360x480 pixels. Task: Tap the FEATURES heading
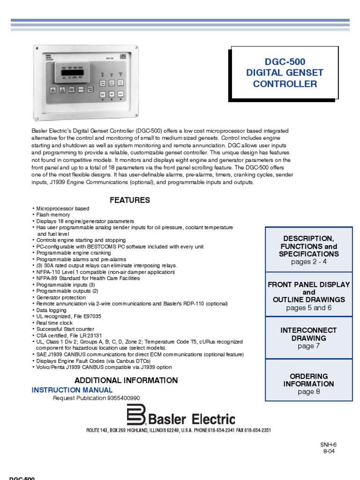[130, 200]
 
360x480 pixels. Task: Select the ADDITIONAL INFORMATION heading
[126, 380]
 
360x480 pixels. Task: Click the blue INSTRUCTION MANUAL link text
[72, 390]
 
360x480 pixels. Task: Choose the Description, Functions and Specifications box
[309, 250]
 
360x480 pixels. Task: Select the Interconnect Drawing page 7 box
[309, 338]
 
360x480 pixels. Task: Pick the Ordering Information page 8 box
[309, 383]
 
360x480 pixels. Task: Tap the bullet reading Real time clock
[53, 323]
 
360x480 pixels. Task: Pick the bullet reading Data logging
[50, 310]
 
